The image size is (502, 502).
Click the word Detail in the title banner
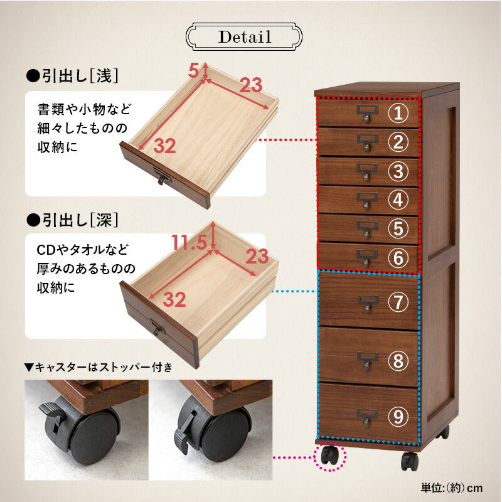click(245, 36)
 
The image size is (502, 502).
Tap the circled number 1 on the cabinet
click(397, 114)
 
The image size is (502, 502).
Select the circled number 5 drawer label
click(397, 228)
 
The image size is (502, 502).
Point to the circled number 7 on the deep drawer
click(397, 302)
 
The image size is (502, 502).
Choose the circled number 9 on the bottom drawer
click(397, 416)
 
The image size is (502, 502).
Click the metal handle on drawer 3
click(367, 169)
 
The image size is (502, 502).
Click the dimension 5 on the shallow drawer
click(195, 68)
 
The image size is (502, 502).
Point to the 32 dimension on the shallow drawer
click(164, 146)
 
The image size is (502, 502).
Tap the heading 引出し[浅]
click(72, 76)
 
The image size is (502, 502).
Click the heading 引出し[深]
click(72, 220)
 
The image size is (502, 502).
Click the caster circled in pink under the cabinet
click(329, 456)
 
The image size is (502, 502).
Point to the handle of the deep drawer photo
click(156, 328)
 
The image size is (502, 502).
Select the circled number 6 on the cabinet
click(397, 257)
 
